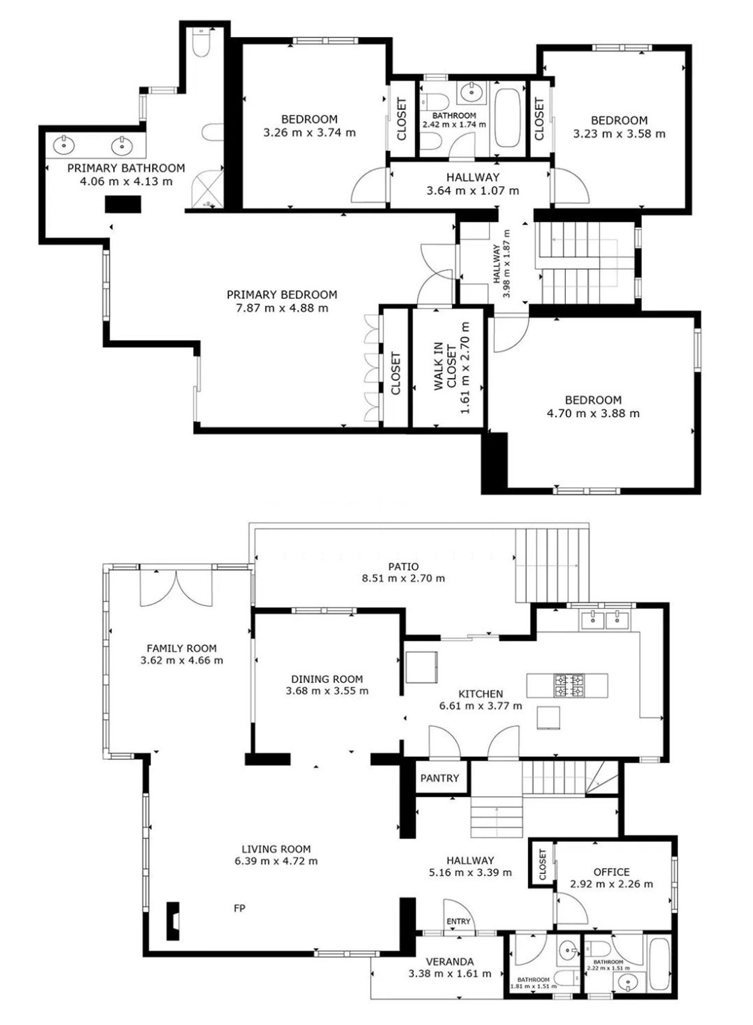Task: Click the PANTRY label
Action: coord(440,778)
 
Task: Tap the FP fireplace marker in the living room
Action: coord(239,908)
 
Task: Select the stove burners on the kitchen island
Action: coord(569,686)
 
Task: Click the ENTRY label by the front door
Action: coord(458,921)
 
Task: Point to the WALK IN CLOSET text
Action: coord(444,366)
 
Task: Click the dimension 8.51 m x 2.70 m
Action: coord(403,578)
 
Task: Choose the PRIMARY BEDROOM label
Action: coord(282,294)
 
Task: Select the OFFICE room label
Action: coord(611,872)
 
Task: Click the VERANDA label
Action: coord(449,962)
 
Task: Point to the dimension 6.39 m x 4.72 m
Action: coord(276,861)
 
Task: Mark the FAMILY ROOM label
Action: coord(182,649)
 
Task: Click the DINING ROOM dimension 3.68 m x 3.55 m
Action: coord(327,691)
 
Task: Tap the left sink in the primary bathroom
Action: coord(64,145)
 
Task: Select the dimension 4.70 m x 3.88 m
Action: coord(593,414)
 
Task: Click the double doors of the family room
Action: coord(176,586)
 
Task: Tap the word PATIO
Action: coord(403,566)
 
